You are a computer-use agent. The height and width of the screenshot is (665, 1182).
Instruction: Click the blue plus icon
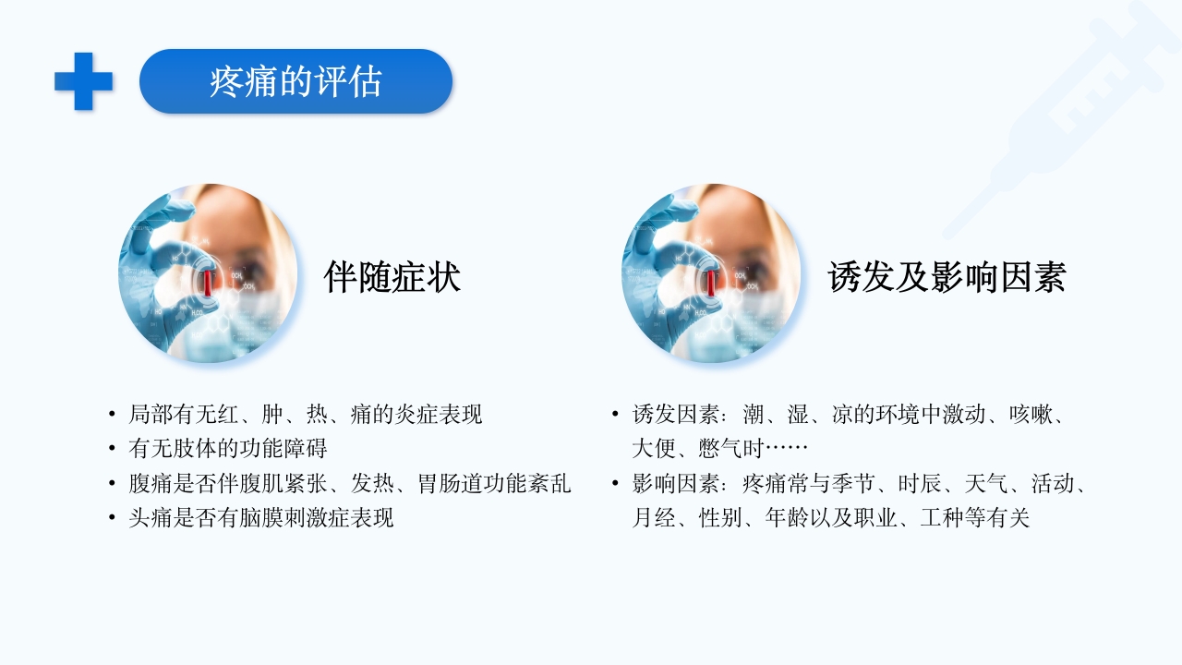click(83, 81)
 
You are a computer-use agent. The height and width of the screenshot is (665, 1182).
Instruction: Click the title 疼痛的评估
click(295, 82)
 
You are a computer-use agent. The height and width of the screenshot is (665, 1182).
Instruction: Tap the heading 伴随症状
click(392, 277)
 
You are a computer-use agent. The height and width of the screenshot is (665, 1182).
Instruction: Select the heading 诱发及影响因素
click(947, 277)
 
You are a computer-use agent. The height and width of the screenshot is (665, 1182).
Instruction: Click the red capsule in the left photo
click(209, 282)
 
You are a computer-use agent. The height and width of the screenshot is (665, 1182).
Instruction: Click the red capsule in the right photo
click(711, 282)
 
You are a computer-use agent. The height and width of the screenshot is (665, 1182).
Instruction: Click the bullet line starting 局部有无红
click(305, 415)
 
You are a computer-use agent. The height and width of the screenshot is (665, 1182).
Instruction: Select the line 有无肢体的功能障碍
click(228, 449)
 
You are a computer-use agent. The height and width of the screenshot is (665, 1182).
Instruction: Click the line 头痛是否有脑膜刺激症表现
click(261, 517)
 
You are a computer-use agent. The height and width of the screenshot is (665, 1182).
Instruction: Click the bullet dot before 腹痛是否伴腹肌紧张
click(112, 484)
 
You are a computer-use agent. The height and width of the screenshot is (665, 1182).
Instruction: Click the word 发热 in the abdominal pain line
click(373, 483)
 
